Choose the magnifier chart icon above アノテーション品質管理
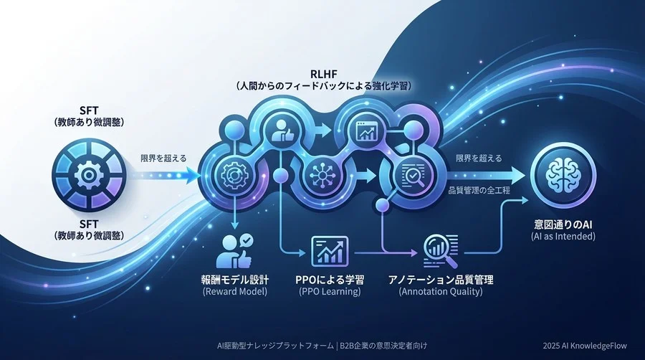(x=437, y=251)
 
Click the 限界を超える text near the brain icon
(x=479, y=158)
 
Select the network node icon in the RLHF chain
(x=317, y=173)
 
